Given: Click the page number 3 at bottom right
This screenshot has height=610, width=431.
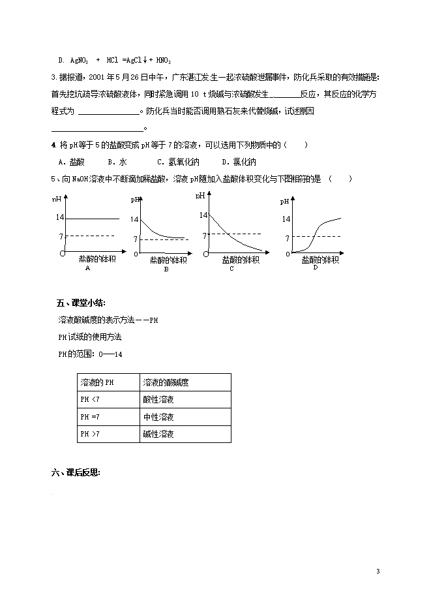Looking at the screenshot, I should [378, 572].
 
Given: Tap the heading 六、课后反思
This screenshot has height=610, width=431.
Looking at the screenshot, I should [76, 473].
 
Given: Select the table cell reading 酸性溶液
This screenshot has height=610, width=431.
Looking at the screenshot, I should [158, 399].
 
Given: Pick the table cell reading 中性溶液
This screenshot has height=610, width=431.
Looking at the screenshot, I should [158, 417].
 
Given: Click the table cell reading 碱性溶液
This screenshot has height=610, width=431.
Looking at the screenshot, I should [158, 434].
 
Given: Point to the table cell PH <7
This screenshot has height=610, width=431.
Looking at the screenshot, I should [91, 399].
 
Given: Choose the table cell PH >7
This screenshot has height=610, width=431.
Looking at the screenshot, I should [91, 434].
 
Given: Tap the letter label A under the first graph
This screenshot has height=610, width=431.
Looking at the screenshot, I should [88, 268].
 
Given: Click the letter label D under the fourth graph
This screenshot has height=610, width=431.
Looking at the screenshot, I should [316, 267].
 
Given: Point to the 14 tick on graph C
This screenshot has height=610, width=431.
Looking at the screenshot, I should [203, 215].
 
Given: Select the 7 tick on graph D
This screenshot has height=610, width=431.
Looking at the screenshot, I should [287, 239].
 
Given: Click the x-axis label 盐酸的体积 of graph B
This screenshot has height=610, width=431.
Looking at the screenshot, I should [168, 260].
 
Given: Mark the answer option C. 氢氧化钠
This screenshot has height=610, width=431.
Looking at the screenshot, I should [178, 162].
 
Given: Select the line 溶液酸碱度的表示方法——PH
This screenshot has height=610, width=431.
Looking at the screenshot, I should [108, 320].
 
